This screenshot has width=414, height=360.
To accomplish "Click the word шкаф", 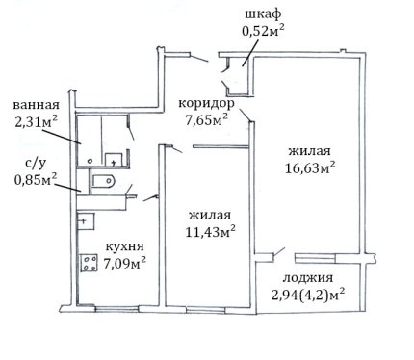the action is [263, 14].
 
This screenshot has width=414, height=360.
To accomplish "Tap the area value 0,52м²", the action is [263, 31].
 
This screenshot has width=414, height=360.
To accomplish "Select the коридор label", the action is [206, 104].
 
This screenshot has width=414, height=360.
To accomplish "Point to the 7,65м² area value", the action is [207, 120].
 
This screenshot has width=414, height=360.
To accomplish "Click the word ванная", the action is [37, 105].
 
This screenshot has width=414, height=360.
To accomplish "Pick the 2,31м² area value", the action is [37, 122].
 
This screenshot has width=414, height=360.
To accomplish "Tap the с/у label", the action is [36, 164].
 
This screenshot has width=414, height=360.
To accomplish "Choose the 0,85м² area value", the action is [36, 179].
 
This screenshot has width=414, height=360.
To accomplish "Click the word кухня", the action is [125, 246].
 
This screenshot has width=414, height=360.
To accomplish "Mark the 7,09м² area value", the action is [125, 264].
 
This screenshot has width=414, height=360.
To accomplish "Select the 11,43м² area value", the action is [211, 231].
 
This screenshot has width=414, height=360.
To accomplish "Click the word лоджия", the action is [307, 278].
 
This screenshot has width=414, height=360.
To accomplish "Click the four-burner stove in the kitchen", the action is [89, 263].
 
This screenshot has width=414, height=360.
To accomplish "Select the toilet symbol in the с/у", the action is [103, 181].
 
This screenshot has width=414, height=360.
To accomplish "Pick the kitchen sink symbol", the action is [86, 221].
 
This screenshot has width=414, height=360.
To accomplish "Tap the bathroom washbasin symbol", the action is [114, 160].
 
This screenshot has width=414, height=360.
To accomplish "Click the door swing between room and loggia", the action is [279, 252].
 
